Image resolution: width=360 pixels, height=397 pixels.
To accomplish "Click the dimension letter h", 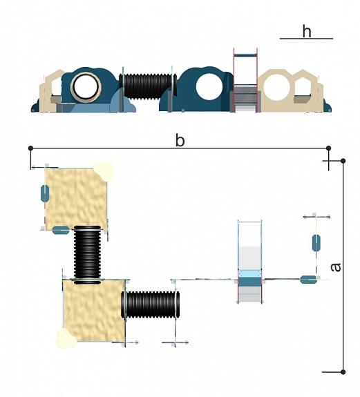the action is (307, 31).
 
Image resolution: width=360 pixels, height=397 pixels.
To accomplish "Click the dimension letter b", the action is (180, 140).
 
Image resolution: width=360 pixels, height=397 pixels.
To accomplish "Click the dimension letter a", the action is (336, 267).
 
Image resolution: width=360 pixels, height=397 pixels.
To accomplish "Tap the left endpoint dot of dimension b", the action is (30, 148).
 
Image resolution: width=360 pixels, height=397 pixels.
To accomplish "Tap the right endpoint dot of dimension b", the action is (329, 148).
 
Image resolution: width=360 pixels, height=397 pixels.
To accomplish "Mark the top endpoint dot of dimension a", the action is (343, 161).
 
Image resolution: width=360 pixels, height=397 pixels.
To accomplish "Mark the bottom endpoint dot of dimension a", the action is (343, 372).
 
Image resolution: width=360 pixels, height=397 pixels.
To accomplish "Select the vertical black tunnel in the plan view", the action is (87, 255).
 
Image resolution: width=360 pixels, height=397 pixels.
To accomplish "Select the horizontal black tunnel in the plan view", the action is (151, 304).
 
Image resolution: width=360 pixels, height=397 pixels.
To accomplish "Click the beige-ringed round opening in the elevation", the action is (86, 87).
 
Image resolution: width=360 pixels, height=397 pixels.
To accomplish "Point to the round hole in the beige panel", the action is (276, 88).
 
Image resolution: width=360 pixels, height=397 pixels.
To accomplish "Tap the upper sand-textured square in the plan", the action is (76, 198).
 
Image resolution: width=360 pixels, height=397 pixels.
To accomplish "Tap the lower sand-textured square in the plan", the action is (94, 311).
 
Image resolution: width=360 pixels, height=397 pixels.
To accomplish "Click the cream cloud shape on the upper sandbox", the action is (104, 171).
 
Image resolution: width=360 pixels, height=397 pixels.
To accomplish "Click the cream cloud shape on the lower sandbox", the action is (66, 338).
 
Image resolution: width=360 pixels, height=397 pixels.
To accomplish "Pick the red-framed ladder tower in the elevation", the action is (245, 80).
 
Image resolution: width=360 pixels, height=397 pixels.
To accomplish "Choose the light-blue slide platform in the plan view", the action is (249, 273).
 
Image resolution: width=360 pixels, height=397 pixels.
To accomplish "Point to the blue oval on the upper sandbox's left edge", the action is (45, 193).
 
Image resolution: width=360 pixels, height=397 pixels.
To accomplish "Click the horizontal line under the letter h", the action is (306, 39).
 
